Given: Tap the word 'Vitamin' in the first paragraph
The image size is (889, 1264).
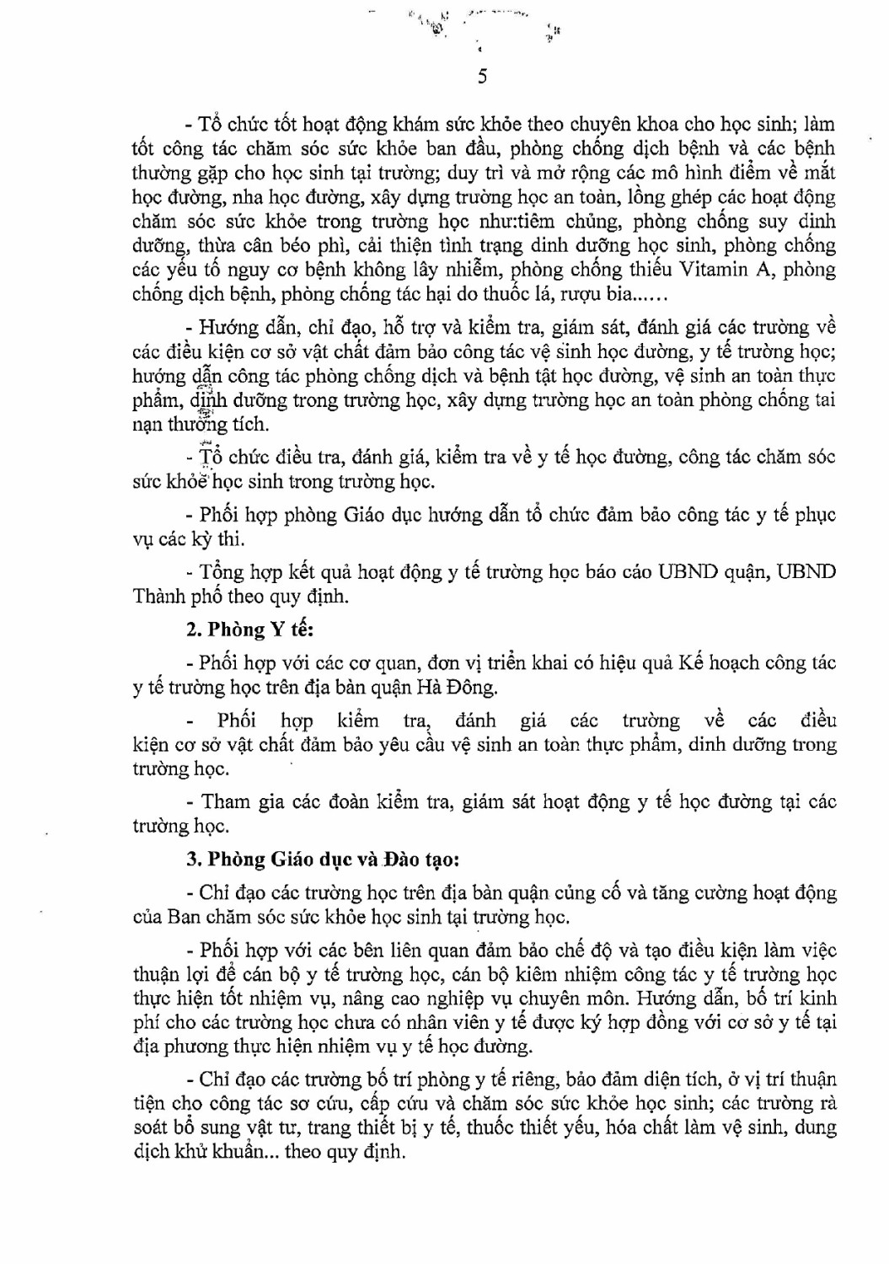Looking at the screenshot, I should pyautogui.click(x=732, y=270).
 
